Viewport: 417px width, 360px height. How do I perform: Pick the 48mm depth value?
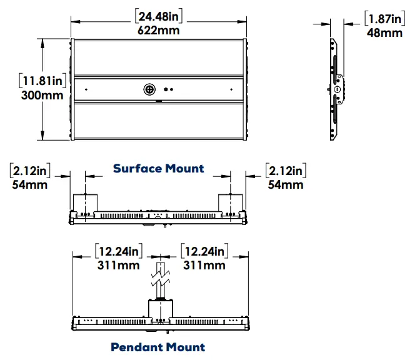[384, 32]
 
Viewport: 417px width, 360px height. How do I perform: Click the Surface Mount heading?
[158, 168]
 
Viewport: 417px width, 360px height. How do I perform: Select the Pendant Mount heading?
[158, 347]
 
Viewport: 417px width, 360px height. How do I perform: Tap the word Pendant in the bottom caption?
[134, 347]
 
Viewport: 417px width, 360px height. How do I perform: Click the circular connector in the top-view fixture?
[150, 89]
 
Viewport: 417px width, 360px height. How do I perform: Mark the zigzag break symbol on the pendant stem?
[161, 274]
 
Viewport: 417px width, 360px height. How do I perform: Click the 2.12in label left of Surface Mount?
[30, 171]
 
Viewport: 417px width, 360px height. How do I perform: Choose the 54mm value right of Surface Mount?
[285, 184]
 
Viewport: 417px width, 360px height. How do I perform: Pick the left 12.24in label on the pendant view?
[118, 251]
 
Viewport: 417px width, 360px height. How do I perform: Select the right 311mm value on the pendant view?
[204, 265]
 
